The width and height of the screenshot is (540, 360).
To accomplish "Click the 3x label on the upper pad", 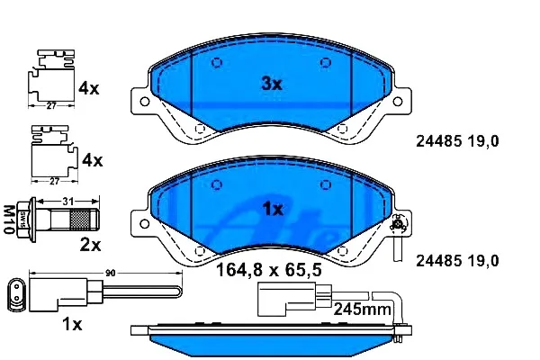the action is pyautogui.click(x=272, y=84).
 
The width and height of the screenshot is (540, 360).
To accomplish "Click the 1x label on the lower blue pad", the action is pyautogui.click(x=273, y=209).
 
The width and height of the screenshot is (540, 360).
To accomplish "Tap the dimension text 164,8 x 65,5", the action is pyautogui.click(x=268, y=270).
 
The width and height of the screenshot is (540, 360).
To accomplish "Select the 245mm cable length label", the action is pyautogui.click(x=362, y=309).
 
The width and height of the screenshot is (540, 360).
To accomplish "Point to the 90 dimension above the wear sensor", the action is pyautogui.click(x=110, y=274).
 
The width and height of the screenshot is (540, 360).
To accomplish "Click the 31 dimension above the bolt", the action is pyautogui.click(x=67, y=201).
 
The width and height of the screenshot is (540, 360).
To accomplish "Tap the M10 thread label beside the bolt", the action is pyautogui.click(x=9, y=220).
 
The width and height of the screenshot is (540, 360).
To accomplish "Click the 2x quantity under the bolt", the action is pyautogui.click(x=90, y=246).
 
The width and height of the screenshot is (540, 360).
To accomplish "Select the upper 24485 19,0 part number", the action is pyautogui.click(x=457, y=141).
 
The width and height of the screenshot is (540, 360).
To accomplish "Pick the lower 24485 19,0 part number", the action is pyautogui.click(x=457, y=261).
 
